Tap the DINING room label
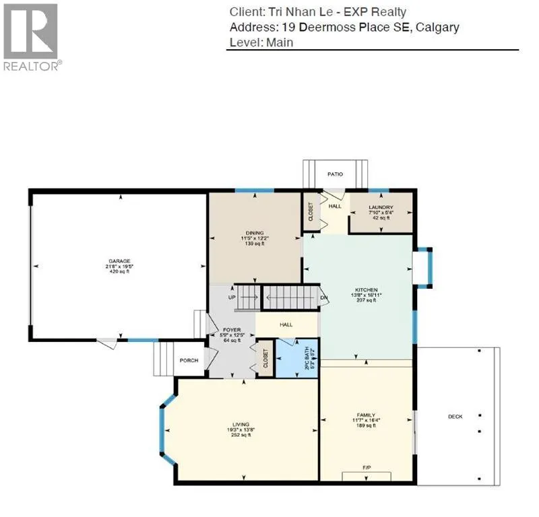pos(255,233)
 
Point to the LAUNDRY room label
pos(381,207)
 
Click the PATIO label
pos(336,174)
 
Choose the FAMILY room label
pos(366,415)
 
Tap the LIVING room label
pos(241,424)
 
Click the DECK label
pos(455,417)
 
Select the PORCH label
pos(189,360)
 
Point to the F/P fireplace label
pos(367,467)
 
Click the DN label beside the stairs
pos(324,298)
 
